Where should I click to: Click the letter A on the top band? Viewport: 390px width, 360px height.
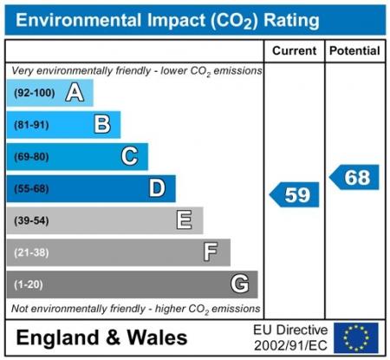75,93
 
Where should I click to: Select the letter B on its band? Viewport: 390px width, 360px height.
102,125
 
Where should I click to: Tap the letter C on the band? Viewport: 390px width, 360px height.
129,157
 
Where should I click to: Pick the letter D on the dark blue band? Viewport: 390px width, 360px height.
157,188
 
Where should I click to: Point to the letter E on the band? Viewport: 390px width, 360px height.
184,220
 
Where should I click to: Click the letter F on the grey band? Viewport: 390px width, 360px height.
211,252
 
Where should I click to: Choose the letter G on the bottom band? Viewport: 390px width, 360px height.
239,284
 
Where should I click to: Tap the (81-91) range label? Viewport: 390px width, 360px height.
31,125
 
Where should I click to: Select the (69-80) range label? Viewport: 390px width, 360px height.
31,157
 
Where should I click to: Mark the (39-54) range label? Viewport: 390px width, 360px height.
31,220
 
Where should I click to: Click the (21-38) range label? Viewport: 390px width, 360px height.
31,252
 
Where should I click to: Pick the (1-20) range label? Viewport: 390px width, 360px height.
29,285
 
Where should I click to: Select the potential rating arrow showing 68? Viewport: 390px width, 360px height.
354,177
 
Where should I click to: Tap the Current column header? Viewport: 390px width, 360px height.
294,51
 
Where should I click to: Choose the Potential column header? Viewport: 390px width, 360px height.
354,51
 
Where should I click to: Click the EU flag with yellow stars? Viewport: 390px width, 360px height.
355,337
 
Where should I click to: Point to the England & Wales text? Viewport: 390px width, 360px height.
101,337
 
